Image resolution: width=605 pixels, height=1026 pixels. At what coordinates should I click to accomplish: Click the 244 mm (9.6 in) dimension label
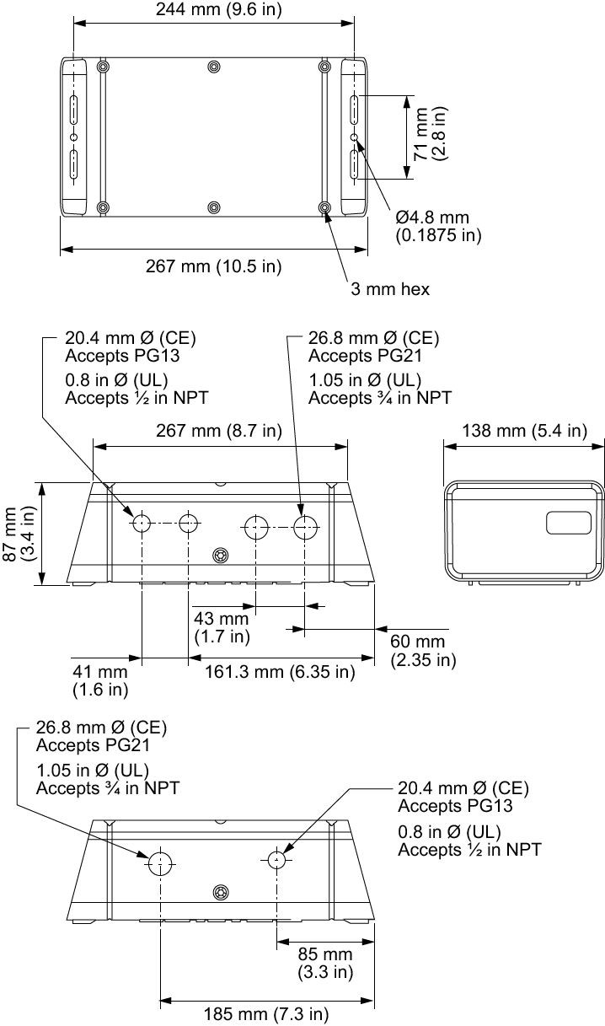(x=219, y=9)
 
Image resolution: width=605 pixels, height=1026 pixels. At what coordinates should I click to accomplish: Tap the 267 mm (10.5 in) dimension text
(x=213, y=266)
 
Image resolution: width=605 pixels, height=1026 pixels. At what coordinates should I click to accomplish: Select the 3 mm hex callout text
(x=390, y=289)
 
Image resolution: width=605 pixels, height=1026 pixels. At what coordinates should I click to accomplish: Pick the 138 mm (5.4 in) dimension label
(x=524, y=431)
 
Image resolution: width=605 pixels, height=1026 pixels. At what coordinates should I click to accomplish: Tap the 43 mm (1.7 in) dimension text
(x=222, y=627)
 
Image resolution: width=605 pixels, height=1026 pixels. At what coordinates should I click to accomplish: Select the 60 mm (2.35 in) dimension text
(x=423, y=651)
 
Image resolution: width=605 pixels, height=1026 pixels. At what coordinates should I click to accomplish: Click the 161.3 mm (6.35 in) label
(x=280, y=672)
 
